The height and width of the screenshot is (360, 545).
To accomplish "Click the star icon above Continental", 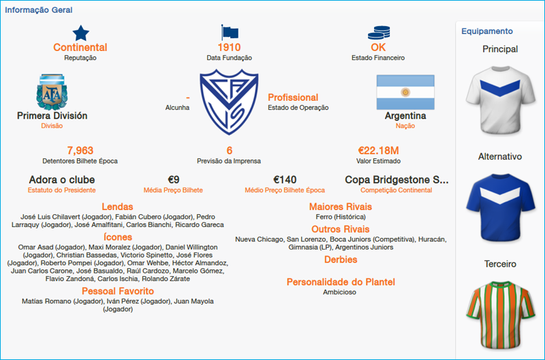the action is [x=80, y=32].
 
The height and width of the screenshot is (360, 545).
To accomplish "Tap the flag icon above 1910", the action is [x=230, y=32].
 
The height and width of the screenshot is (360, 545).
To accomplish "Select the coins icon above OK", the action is [x=378, y=32].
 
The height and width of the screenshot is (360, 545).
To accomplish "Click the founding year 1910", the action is [x=230, y=48].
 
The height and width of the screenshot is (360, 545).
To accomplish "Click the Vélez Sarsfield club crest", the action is [x=229, y=102].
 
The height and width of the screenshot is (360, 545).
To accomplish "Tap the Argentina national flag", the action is [x=405, y=92].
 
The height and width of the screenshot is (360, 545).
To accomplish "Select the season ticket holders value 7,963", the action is [x=80, y=151].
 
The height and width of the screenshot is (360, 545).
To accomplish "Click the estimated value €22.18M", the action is [x=378, y=151].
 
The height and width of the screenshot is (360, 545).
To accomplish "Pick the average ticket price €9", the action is [x=173, y=180].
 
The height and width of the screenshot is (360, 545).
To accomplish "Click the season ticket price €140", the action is [x=285, y=180].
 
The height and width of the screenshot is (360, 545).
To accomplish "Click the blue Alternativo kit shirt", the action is [x=500, y=205].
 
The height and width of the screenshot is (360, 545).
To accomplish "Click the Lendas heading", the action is [x=117, y=207].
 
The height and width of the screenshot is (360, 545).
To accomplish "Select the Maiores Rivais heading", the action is [x=341, y=207].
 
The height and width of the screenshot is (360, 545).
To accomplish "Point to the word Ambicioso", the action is [x=339, y=292].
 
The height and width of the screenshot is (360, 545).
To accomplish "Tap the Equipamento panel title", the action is [x=487, y=31].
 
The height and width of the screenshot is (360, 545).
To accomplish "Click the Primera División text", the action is [x=52, y=116].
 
